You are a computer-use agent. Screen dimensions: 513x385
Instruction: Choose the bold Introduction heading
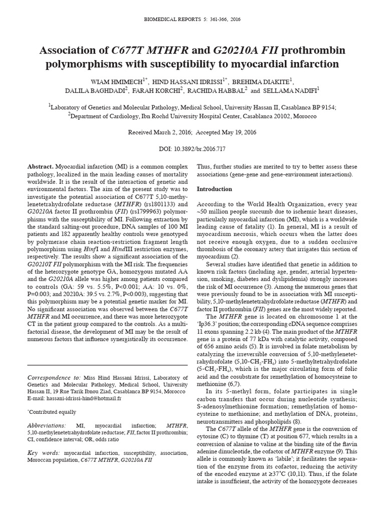point(214,189)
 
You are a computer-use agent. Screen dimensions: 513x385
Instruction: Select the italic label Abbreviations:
point(48,425)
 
